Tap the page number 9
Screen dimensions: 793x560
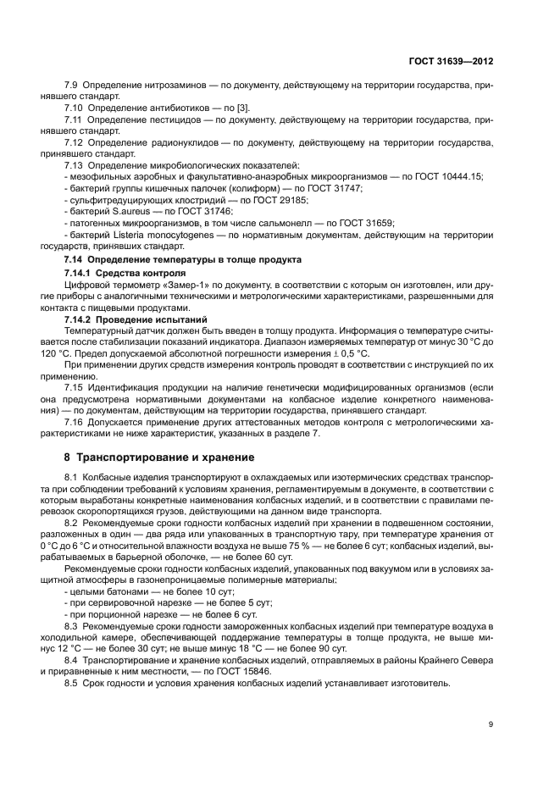click(490, 724)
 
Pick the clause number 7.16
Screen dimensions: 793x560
click(73, 423)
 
